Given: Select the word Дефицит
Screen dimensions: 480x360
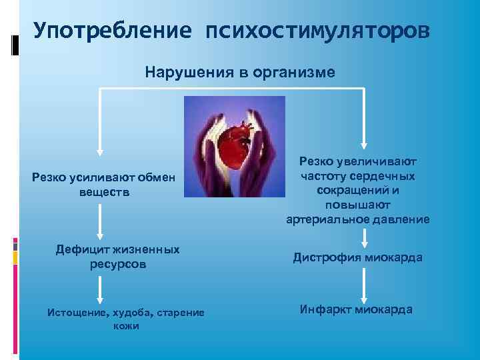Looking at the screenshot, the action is (x=85, y=249).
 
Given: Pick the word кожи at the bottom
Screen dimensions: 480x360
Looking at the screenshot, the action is (x=126, y=326).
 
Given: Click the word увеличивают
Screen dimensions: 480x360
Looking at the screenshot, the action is (x=385, y=161).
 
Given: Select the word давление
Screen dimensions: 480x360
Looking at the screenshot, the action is (x=399, y=219).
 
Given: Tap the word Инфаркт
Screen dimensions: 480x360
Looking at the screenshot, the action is (x=326, y=309).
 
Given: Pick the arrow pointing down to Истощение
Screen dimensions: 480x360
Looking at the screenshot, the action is (x=100, y=288).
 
